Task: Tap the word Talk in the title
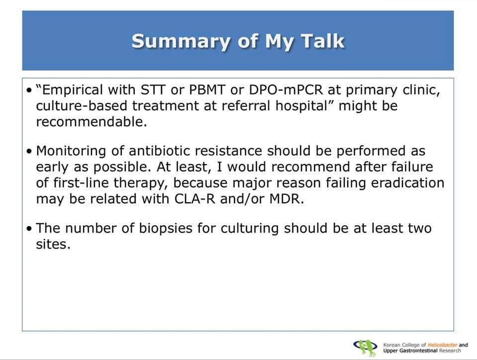(323, 41)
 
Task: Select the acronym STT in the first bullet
(153, 90)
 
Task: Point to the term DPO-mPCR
(286, 90)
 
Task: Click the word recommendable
(91, 122)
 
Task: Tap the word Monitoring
(71, 151)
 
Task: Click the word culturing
(249, 229)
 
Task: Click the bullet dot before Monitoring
(29, 152)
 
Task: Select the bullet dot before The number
(29, 229)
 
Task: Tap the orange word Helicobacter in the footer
(442, 345)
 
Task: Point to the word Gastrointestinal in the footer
(418, 351)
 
